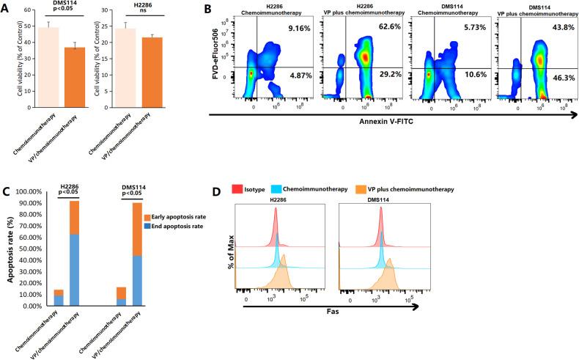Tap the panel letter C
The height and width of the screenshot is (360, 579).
7,192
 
